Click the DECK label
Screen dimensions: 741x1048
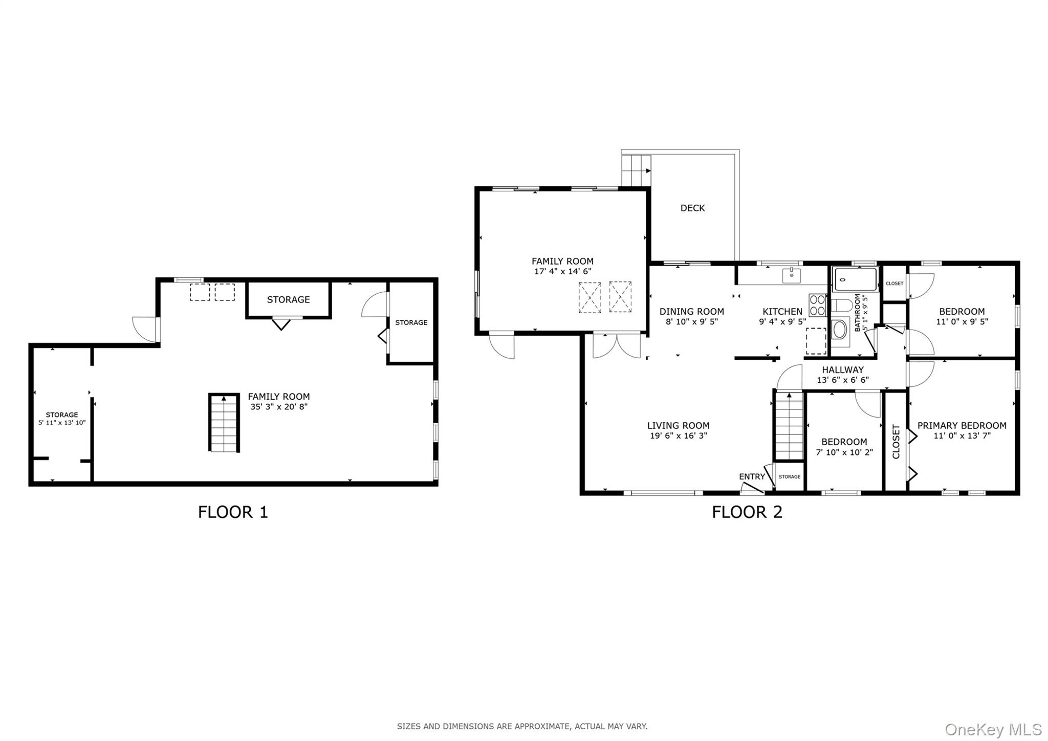(692, 208)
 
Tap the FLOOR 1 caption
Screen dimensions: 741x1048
(233, 512)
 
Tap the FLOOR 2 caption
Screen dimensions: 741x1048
(747, 512)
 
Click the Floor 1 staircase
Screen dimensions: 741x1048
(224, 423)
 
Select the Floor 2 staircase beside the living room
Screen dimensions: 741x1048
(789, 426)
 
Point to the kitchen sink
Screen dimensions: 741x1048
(791, 276)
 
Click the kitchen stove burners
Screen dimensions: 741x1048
(817, 304)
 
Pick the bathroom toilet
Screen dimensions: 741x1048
(841, 306)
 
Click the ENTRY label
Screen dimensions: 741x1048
(751, 476)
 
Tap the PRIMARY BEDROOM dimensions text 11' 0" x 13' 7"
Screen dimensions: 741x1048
(962, 436)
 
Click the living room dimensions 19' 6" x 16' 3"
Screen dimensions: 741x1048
(678, 436)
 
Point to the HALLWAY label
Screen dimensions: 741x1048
(842, 369)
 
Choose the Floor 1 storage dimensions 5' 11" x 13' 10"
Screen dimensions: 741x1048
(62, 423)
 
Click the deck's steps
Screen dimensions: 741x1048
(636, 170)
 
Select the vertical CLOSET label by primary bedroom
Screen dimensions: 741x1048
(896, 442)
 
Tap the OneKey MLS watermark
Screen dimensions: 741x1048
(993, 729)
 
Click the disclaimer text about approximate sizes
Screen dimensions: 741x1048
(522, 726)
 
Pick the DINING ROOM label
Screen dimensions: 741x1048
(691, 311)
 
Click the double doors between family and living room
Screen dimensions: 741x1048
(617, 345)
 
